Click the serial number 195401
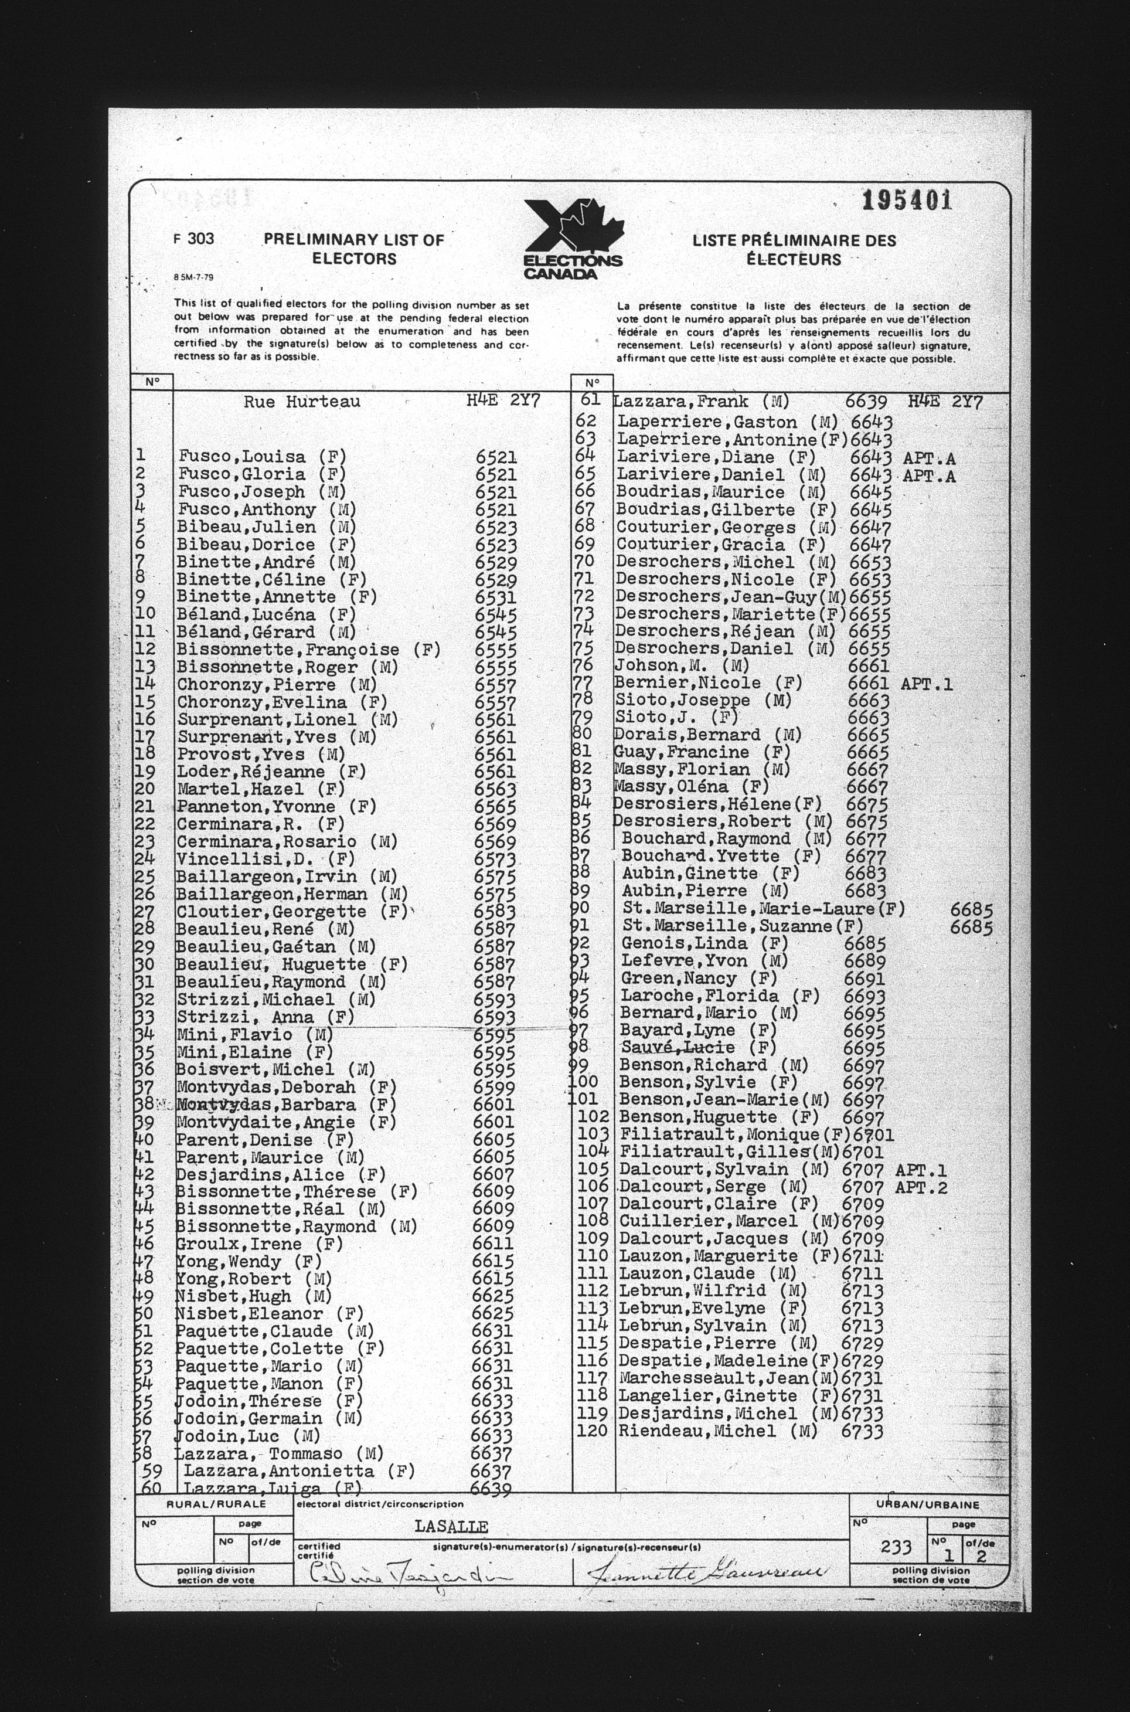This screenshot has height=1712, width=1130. [x=907, y=201]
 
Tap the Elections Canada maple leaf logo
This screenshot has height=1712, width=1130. [x=573, y=239]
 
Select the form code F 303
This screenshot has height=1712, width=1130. [x=195, y=239]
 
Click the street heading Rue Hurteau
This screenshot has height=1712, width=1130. [x=301, y=402]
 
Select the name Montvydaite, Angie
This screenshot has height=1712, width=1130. [x=266, y=1122]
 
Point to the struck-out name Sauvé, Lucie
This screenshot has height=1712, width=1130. [x=678, y=1047]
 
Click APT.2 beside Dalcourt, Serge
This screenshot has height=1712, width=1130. [x=920, y=1187]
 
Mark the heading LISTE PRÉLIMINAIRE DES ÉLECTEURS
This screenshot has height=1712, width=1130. [x=794, y=249]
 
